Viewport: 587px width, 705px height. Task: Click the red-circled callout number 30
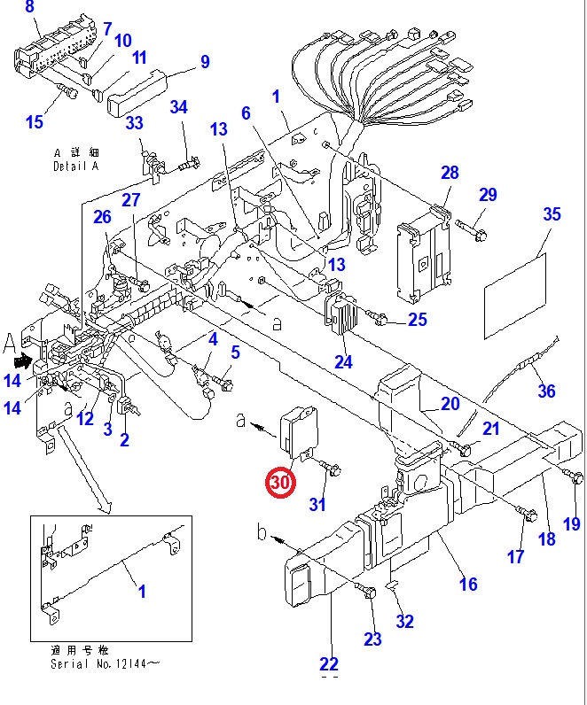pyautogui.click(x=281, y=483)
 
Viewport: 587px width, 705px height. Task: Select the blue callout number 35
pyautogui.click(x=552, y=214)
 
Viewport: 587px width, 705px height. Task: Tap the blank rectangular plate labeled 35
pyautogui.click(x=515, y=296)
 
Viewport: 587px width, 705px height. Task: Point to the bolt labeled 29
pyautogui.click(x=472, y=229)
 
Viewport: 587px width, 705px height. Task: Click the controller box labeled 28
pyautogui.click(x=424, y=254)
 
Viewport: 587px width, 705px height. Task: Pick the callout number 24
pyautogui.click(x=343, y=362)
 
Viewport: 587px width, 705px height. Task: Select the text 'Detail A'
pyautogui.click(x=75, y=167)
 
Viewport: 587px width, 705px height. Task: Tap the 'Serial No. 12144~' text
pyautogui.click(x=105, y=663)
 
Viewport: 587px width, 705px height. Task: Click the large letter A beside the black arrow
pyautogui.click(x=10, y=345)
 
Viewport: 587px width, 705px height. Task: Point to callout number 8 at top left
pyautogui.click(x=30, y=7)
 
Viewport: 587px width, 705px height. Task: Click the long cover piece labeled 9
pyautogui.click(x=137, y=94)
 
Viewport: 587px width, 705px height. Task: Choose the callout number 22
pyautogui.click(x=329, y=664)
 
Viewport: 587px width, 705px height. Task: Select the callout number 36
pyautogui.click(x=546, y=391)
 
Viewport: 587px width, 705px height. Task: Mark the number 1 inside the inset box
pyautogui.click(x=142, y=592)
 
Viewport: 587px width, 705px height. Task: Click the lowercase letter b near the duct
pyautogui.click(x=262, y=532)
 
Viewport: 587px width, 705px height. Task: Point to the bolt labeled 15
pyautogui.click(x=68, y=91)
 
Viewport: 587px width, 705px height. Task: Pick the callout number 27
pyautogui.click(x=131, y=200)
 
